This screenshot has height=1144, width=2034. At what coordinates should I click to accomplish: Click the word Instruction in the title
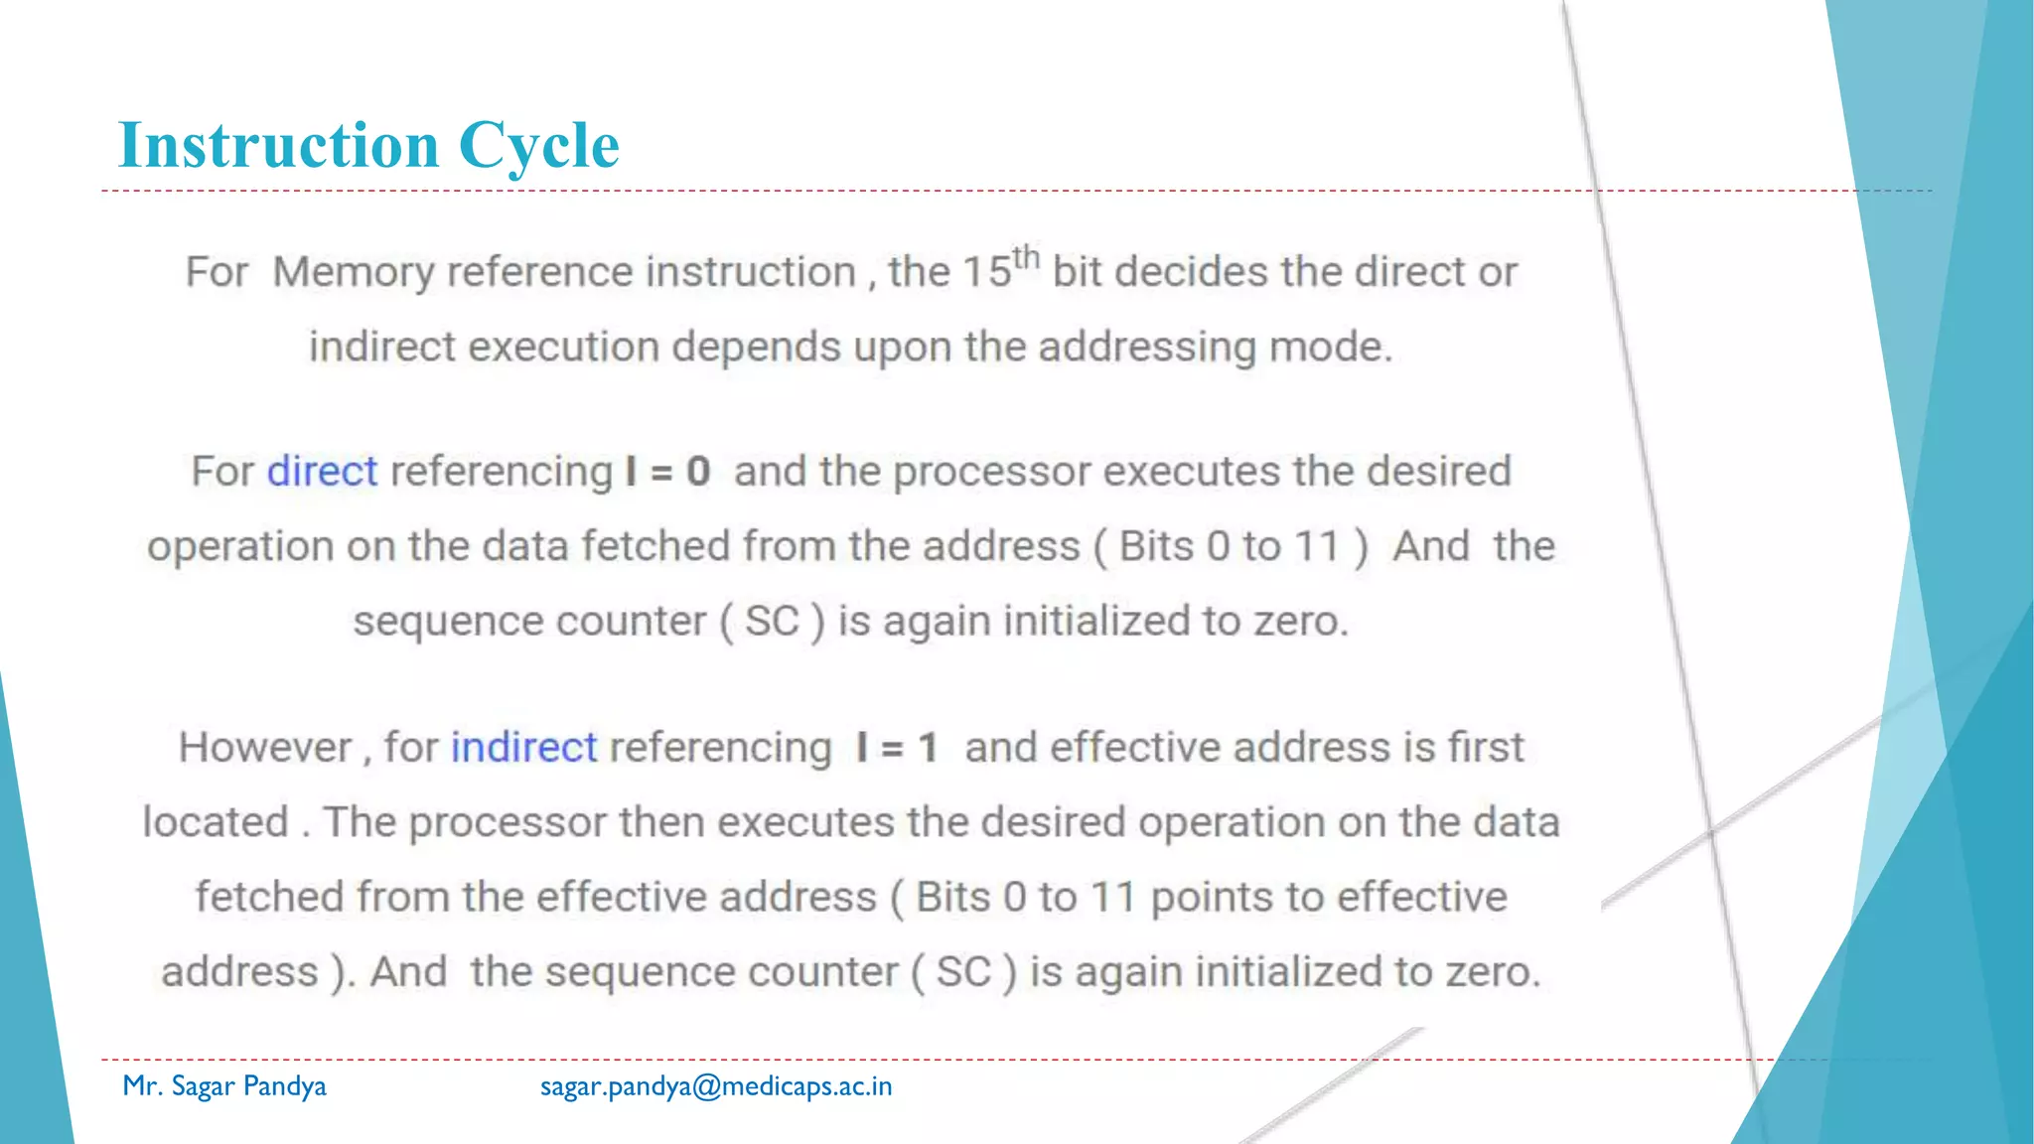point(278,145)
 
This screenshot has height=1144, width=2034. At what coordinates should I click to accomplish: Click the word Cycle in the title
point(538,147)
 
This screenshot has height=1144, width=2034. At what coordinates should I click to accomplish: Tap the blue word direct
point(322,471)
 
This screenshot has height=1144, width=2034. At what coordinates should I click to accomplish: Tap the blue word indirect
point(523,747)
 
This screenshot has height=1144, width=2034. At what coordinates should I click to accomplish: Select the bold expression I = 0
point(667,471)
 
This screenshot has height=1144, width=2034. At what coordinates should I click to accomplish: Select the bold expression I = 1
point(897,747)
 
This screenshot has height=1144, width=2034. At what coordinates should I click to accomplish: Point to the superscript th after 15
point(1026,258)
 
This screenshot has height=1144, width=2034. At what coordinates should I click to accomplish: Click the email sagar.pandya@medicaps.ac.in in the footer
point(716,1086)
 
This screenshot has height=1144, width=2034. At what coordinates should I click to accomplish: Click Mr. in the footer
point(142,1085)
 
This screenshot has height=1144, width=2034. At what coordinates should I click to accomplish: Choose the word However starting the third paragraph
point(265,747)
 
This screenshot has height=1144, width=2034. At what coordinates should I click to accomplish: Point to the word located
point(216,822)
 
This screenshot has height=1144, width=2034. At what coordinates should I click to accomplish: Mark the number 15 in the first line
point(987,272)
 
